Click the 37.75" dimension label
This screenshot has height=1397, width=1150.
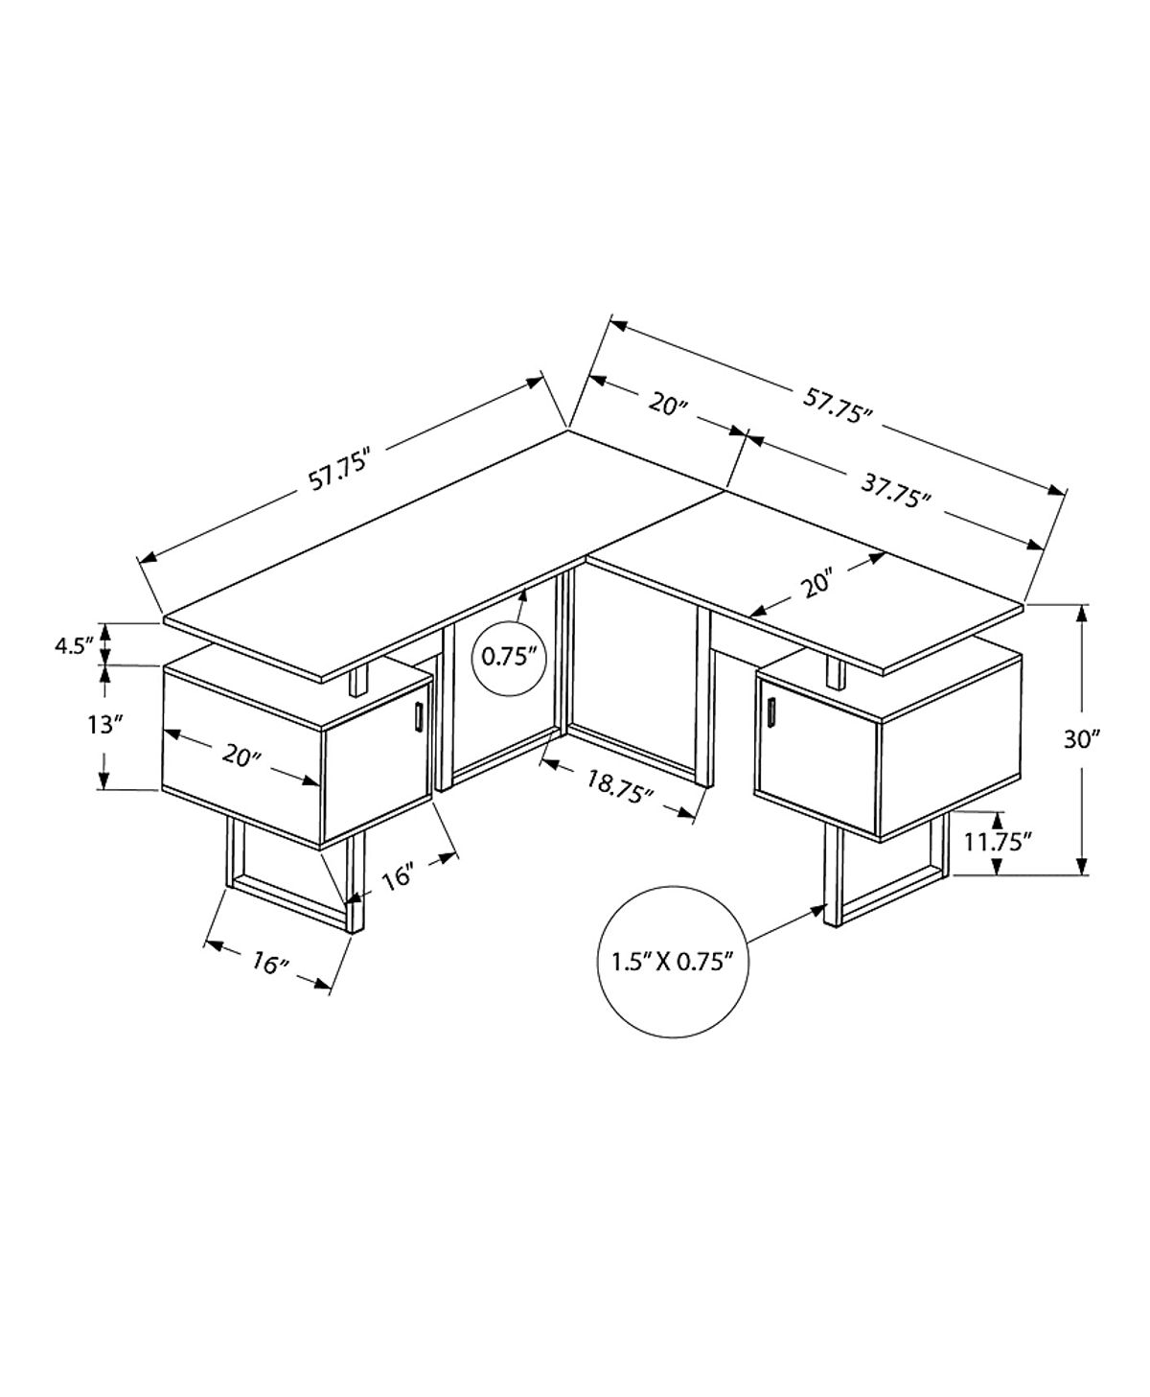pyautogui.click(x=895, y=492)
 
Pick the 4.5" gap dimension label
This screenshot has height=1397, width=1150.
pyautogui.click(x=74, y=643)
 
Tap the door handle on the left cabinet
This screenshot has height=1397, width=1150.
pyautogui.click(x=419, y=715)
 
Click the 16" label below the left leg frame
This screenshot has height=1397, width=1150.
pyautogui.click(x=270, y=963)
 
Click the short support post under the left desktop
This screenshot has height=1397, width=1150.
pyautogui.click(x=359, y=681)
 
